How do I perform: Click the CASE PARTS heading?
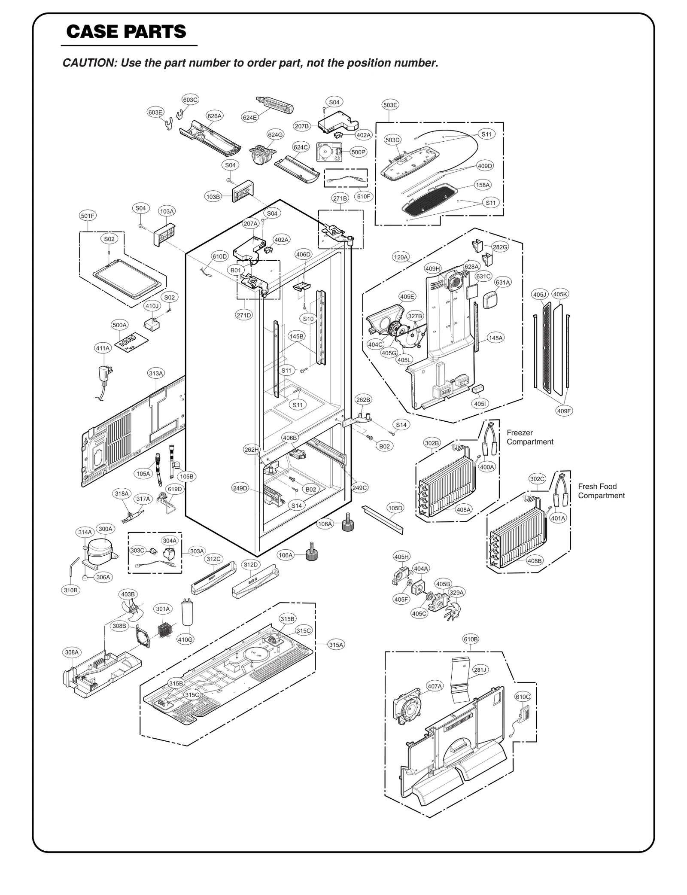pos(126,32)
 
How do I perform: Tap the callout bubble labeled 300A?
pos(105,529)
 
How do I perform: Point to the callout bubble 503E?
pos(390,105)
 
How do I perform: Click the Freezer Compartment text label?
pos(529,437)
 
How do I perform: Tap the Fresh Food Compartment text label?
pos(601,491)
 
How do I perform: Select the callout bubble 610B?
pos(470,639)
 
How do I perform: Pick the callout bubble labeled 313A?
pos(156,373)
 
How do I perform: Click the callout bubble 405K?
pos(560,294)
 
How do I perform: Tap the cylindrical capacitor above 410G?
pos(187,612)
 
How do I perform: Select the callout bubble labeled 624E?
pos(250,117)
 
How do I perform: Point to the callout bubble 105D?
pos(395,508)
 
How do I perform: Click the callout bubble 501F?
pos(88,216)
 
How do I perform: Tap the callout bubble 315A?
pos(336,645)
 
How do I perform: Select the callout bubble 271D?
pos(243,315)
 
